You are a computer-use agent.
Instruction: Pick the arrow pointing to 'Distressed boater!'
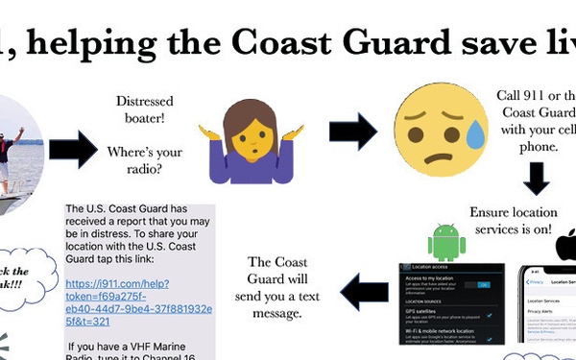[72, 150]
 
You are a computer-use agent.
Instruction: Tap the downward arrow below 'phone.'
[537, 180]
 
